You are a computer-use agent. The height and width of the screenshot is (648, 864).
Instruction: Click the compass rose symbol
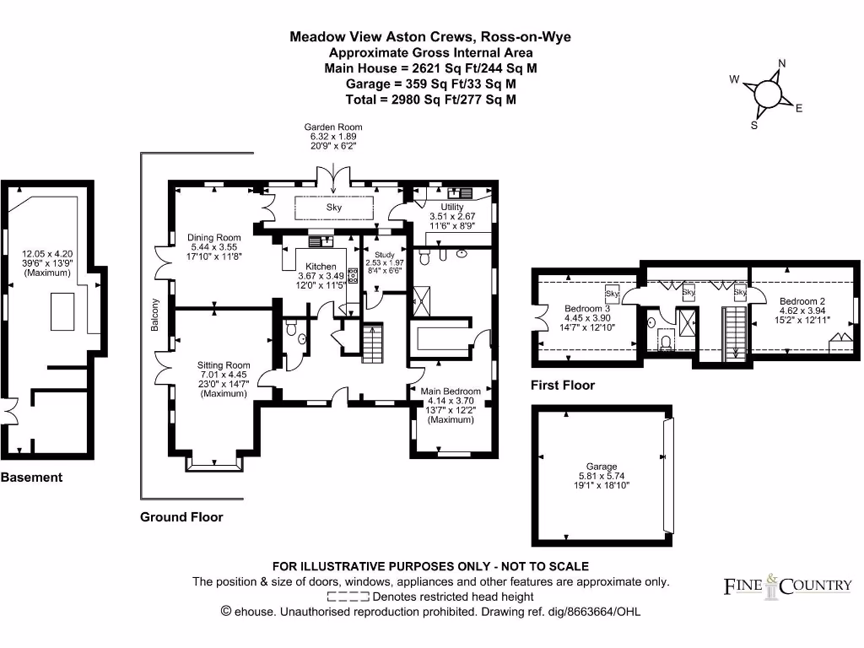pos(767,93)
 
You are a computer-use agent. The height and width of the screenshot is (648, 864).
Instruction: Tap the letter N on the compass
pos(781,64)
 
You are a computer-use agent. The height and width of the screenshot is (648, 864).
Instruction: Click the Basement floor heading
pos(31,478)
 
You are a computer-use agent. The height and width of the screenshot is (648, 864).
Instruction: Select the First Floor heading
pos(563,386)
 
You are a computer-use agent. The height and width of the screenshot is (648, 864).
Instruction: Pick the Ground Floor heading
pos(181,517)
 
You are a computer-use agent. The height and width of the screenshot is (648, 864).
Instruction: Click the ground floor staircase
pos(373,343)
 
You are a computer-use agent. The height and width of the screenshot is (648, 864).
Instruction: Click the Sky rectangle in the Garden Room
pos(334,208)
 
